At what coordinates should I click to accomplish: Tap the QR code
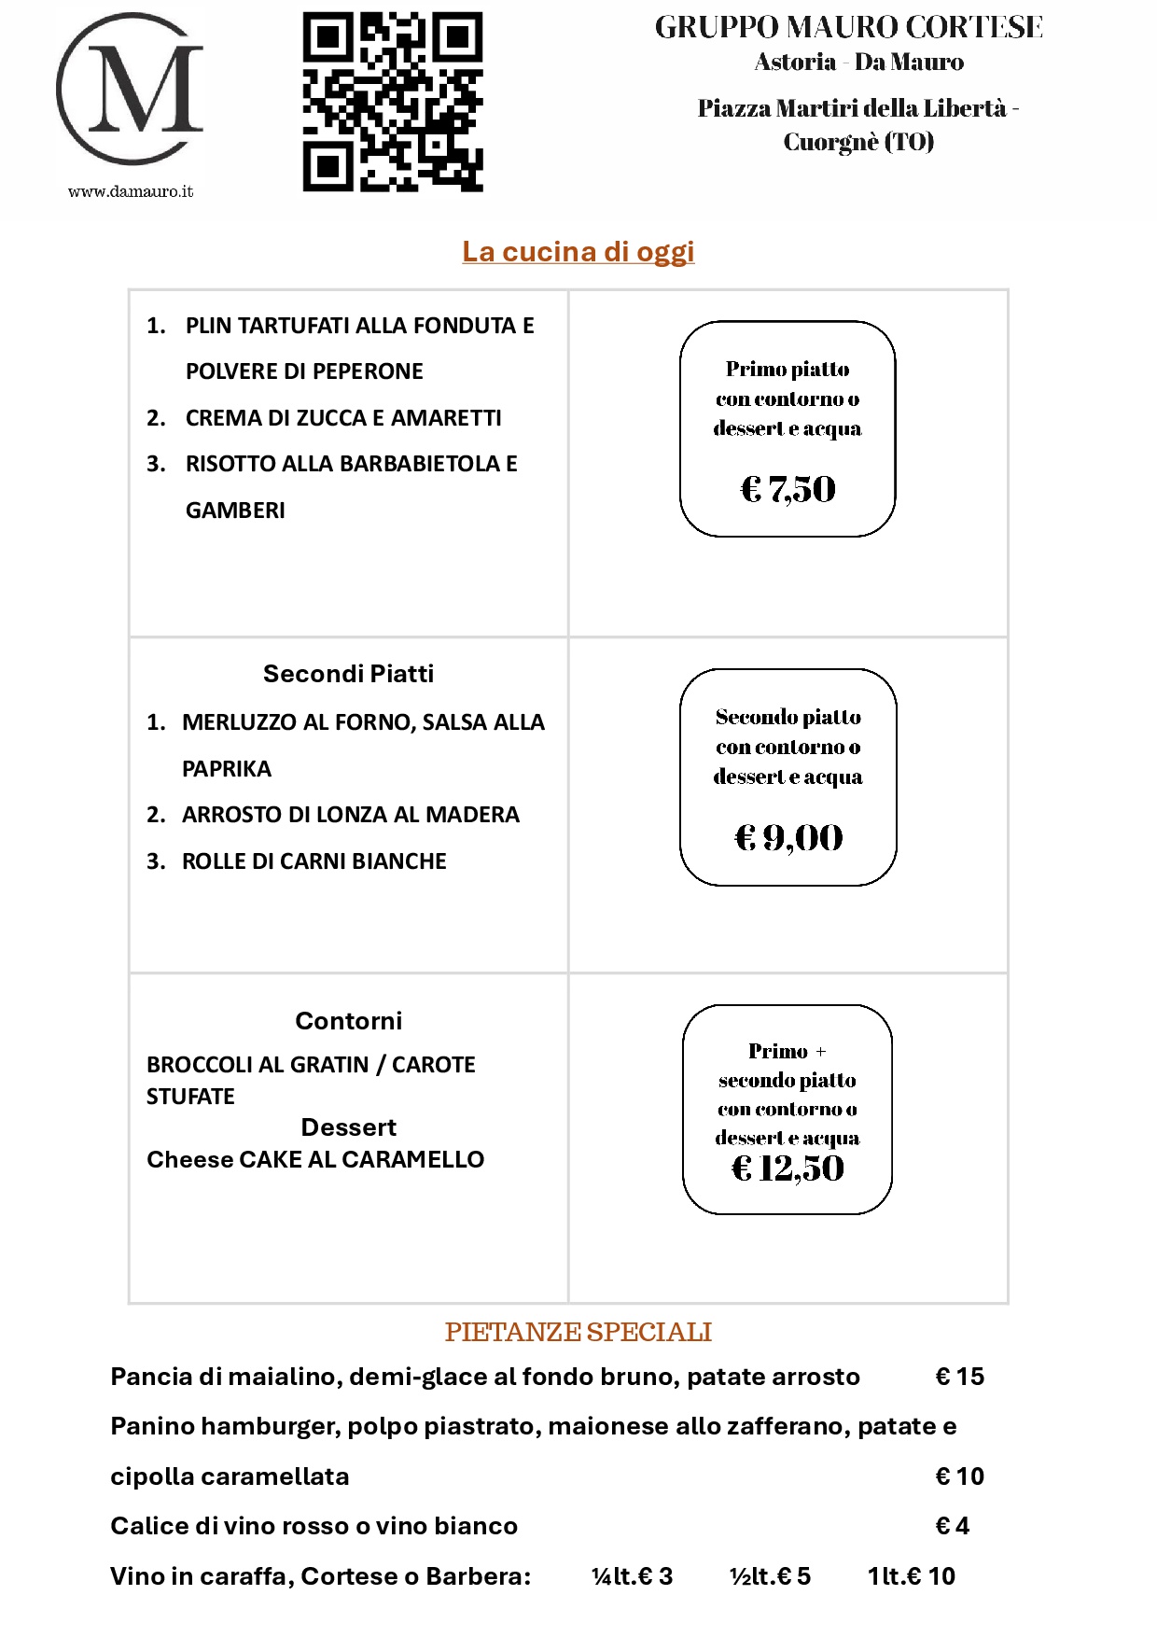pos(393,102)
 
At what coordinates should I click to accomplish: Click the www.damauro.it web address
pos(131,191)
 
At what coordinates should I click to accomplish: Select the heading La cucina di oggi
pos(578,251)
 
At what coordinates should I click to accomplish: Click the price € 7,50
pos(788,488)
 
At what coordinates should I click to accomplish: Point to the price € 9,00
pos(788,837)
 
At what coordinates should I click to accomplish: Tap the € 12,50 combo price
pos(788,1168)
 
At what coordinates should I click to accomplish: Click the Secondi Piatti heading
pos(348,674)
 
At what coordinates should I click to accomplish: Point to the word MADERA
pos(472,815)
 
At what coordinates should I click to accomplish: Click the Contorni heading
pos(348,1021)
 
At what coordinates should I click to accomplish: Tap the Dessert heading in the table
pos(348,1127)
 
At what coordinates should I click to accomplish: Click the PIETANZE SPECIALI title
pos(578,1332)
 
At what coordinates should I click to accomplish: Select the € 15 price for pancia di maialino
pos(959,1377)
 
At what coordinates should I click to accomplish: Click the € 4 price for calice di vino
pos(952,1526)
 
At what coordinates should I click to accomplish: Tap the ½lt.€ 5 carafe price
pos(770,1576)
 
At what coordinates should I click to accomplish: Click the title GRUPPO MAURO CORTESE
pos(849,27)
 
